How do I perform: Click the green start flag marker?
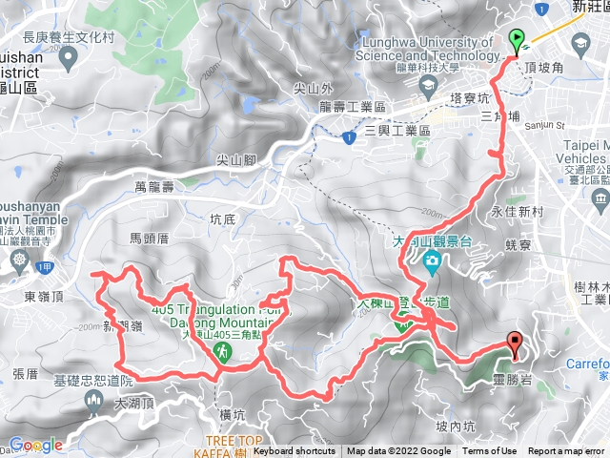tap(517, 40)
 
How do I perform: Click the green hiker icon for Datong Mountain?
tap(221, 353)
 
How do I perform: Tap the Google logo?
tap(35, 445)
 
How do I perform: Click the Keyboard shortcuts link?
tap(295, 451)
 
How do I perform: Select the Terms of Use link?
tap(490, 451)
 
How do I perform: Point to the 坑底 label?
tap(222, 219)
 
